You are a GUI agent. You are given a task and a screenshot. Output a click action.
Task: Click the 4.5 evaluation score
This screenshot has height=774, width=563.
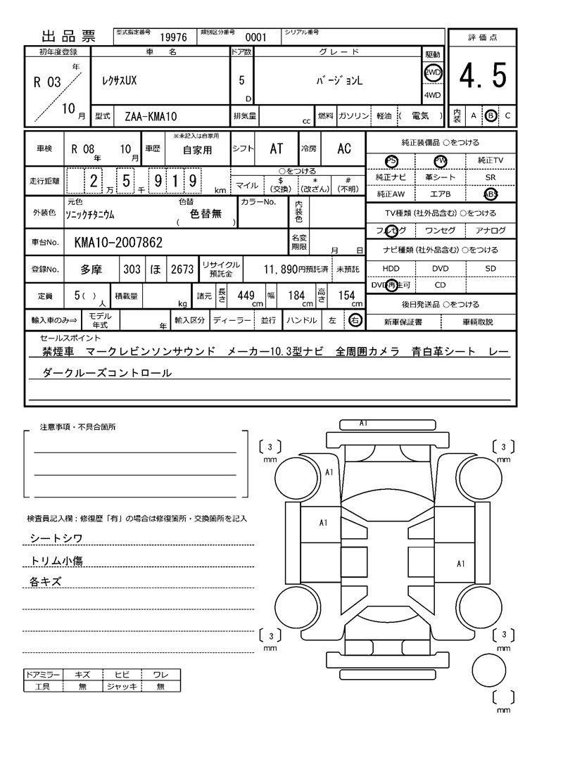pos(483,76)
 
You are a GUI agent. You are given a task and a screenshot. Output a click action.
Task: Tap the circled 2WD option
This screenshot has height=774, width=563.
pos(432,72)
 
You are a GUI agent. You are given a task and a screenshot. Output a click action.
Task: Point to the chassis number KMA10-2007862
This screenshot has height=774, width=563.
pos(118,243)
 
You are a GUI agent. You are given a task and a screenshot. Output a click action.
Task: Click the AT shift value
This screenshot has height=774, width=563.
pos(277,148)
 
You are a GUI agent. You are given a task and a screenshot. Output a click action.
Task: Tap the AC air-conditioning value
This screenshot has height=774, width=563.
pos(343,148)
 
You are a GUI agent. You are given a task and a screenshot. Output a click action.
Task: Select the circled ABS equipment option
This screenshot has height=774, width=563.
pos(491,194)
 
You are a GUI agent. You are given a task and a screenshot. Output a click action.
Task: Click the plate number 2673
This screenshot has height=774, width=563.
pos(182,269)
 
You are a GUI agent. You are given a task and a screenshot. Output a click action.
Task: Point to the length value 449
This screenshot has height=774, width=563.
pos(245,296)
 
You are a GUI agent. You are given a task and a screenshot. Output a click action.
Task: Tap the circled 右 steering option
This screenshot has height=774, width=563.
pos(355,320)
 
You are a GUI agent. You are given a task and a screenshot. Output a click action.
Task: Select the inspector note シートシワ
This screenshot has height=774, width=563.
pos(56,538)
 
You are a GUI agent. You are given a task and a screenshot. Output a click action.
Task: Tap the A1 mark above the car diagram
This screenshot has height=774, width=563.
pos(364,424)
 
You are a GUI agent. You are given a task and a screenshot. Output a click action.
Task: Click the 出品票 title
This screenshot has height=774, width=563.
pos(68,37)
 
